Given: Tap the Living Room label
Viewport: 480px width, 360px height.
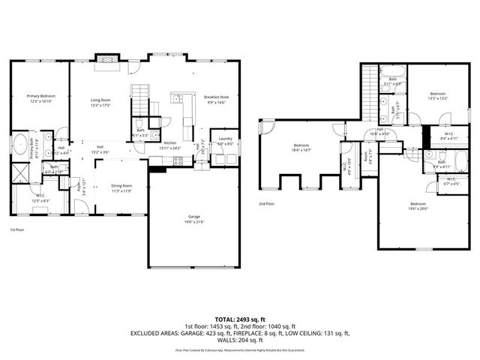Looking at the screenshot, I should coord(101,100).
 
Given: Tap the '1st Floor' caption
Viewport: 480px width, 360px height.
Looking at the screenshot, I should coord(19,229).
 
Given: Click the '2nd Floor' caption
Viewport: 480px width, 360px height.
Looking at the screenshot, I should coord(266,203).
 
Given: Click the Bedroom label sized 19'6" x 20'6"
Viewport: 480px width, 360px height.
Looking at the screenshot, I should coord(418,204).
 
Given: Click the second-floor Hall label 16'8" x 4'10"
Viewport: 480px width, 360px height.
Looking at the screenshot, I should coord(380,129).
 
